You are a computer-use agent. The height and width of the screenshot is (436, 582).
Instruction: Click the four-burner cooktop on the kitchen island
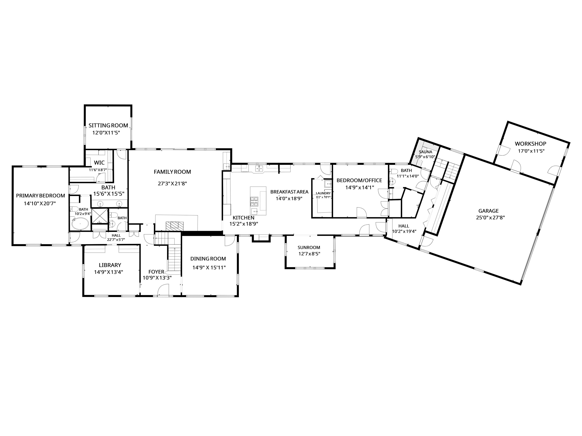tap(254, 201)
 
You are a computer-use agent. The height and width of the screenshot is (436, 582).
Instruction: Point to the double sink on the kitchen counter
tap(259, 168)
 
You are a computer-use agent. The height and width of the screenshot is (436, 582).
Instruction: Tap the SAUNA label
tap(426, 152)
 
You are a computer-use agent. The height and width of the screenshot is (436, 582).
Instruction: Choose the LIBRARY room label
tap(110, 265)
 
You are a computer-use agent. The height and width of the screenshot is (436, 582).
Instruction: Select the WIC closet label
tap(99, 163)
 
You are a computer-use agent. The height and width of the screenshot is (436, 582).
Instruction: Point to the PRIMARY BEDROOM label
tap(41, 195)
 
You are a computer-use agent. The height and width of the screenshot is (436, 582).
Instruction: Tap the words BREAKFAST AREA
tap(289, 192)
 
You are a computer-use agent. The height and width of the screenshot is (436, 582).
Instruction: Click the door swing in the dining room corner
tap(230, 241)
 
